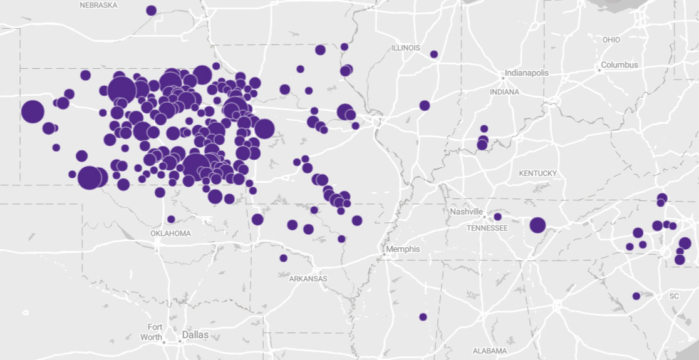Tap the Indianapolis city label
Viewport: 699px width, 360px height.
pyautogui.click(x=527, y=73)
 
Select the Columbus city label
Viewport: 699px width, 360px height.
pyautogui.click(x=619, y=65)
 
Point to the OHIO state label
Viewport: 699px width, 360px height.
pyautogui.click(x=611, y=40)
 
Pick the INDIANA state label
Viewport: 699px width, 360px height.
pyautogui.click(x=505, y=92)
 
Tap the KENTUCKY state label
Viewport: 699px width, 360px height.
pyautogui.click(x=537, y=173)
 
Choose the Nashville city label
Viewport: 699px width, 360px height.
pyautogui.click(x=466, y=212)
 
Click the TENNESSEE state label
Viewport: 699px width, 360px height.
pyautogui.click(x=487, y=228)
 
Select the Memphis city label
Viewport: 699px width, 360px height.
pyautogui.click(x=403, y=249)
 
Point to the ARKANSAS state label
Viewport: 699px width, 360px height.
pyautogui.click(x=308, y=279)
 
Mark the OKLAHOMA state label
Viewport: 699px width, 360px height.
pyautogui.click(x=170, y=234)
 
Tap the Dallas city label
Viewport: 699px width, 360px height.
pyautogui.click(x=195, y=335)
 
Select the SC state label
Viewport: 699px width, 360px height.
pyautogui.click(x=674, y=296)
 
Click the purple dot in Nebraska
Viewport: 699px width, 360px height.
pyautogui.click(x=151, y=10)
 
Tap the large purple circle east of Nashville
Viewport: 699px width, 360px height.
pyautogui.click(x=537, y=225)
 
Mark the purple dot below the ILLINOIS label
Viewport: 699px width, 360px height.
pyautogui.click(x=434, y=54)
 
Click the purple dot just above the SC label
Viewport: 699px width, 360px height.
pyautogui.click(x=636, y=296)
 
